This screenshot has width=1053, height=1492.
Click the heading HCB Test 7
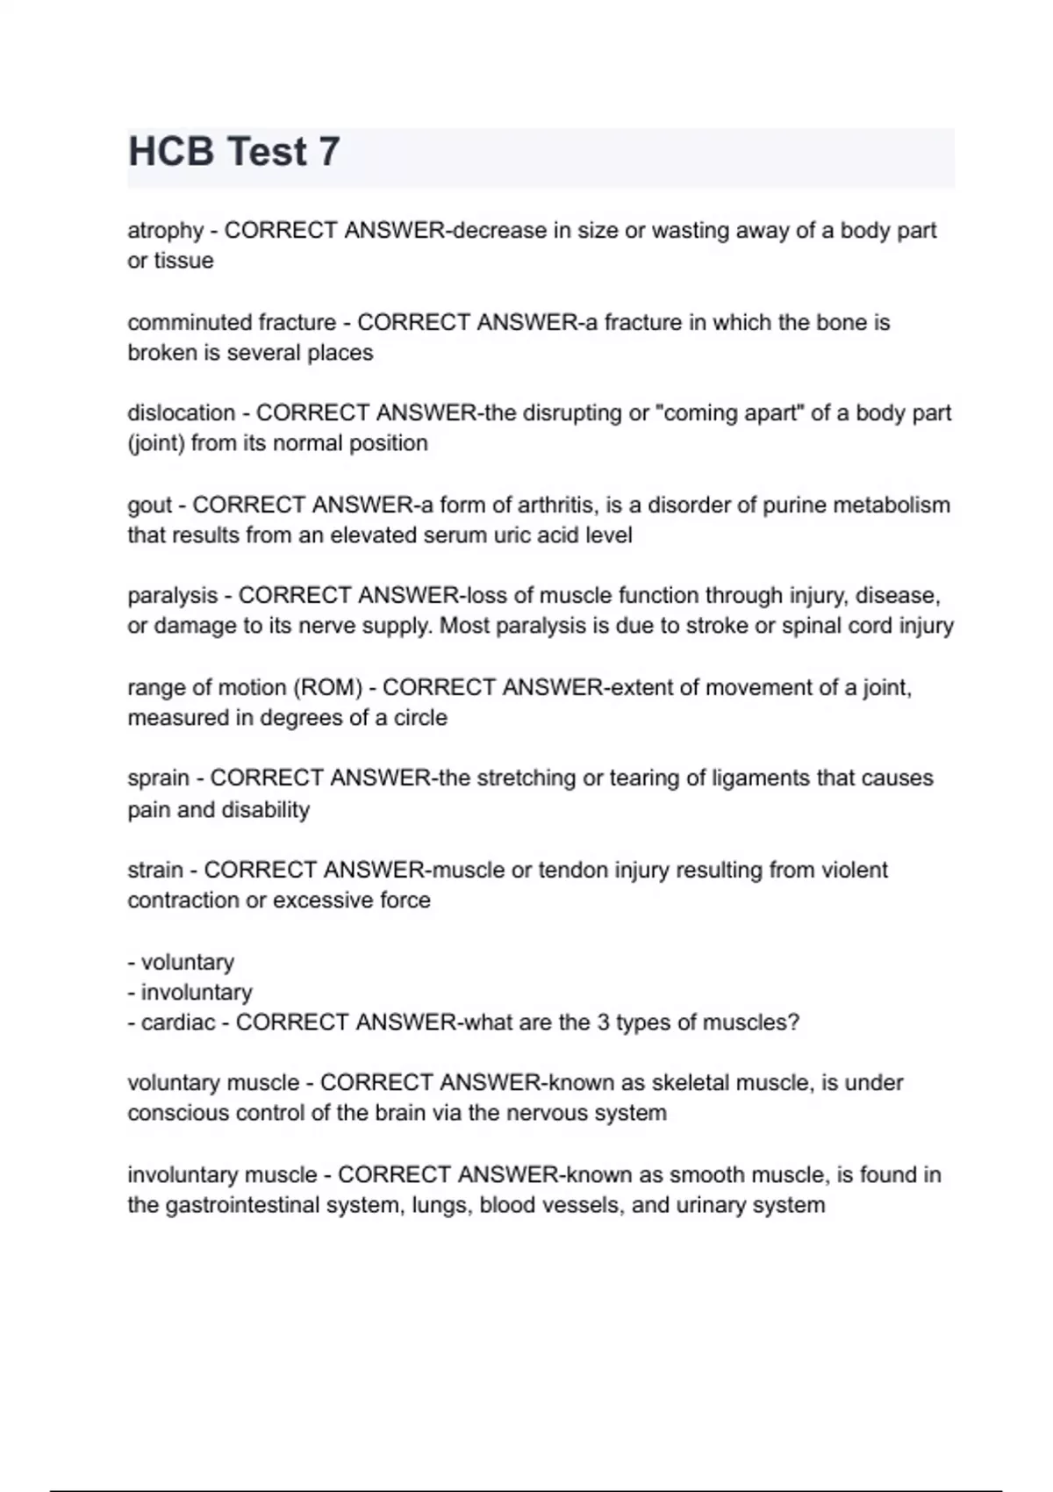(x=233, y=152)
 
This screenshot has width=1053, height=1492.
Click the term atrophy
(x=166, y=231)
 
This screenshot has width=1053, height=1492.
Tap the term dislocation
(x=182, y=413)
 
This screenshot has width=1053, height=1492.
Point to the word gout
(x=150, y=506)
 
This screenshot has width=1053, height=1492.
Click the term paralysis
(x=173, y=596)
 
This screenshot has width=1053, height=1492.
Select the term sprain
(x=159, y=778)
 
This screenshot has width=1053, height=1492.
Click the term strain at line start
(x=155, y=871)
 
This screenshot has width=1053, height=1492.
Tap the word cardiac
(x=178, y=1023)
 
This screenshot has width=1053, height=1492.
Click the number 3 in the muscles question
(x=603, y=1023)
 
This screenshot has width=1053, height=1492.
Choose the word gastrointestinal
(x=242, y=1205)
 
